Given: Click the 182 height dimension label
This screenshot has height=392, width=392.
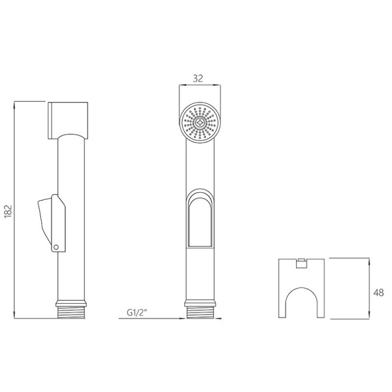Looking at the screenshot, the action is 8,211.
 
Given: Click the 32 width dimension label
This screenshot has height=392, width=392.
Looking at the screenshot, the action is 198,78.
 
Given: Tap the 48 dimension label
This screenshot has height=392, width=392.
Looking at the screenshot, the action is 378,293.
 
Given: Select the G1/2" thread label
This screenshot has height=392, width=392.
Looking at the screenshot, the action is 137,312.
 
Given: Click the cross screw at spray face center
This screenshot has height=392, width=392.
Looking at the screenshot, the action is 200,123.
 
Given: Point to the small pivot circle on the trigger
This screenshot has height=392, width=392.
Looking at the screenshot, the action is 56,247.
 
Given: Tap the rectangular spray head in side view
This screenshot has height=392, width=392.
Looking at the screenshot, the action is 68,120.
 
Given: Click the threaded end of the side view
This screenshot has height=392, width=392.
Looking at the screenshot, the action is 71,312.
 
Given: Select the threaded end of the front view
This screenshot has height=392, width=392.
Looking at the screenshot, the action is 200,312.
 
